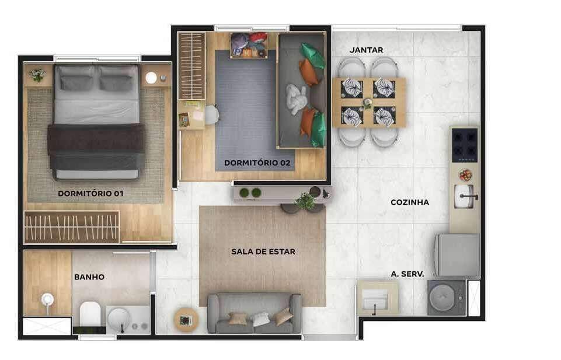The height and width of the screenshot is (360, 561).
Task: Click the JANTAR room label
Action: pos(366,50)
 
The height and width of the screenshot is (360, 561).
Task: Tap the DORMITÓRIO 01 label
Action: pos(90,193)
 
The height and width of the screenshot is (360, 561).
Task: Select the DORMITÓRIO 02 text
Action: pos(257,163)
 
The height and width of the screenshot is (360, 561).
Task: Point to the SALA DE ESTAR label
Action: pos(263,251)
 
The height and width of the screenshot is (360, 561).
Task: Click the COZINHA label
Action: pos(410,202)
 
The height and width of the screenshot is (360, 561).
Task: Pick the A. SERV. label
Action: pos(407,274)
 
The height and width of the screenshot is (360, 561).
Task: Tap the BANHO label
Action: pos(89,277)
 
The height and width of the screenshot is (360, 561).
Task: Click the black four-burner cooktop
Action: pos(465,145)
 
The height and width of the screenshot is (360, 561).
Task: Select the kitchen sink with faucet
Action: pos(465,196)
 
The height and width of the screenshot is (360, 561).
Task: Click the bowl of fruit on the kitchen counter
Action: pos(465,175)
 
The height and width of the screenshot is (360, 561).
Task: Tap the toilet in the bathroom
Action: pos(89,314)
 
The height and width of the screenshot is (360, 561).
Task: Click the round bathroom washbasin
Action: pos(119,319)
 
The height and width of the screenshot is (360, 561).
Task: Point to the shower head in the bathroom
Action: pos(47,299)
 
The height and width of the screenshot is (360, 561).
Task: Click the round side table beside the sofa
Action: pos(186,320)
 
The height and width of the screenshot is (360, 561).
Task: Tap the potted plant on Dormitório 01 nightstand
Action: pos(37,75)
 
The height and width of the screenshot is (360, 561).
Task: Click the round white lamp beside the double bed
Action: pos(151,78)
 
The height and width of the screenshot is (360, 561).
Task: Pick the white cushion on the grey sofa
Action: pos(261,319)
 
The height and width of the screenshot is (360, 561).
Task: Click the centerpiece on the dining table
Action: pos(367,103)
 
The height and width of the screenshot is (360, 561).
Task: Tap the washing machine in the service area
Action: pos(447,298)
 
